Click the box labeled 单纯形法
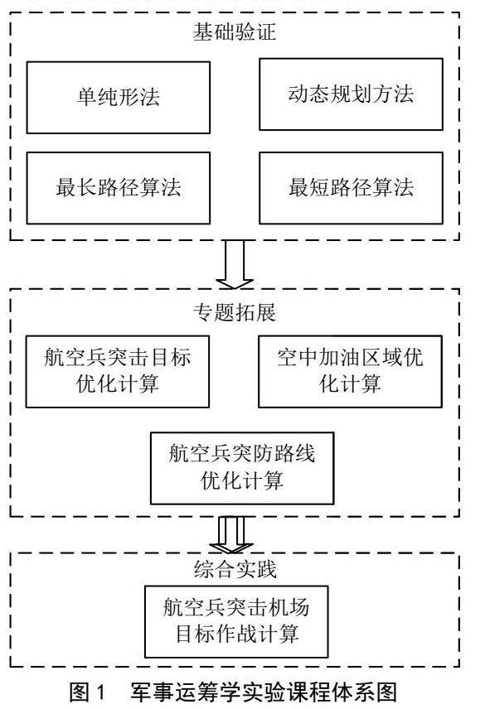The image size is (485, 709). click(119, 98)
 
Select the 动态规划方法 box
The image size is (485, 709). click(351, 94)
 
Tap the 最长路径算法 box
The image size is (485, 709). click(119, 188)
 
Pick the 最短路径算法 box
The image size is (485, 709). click(351, 188)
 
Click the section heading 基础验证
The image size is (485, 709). click(235, 32)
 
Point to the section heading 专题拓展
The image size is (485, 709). click(235, 312)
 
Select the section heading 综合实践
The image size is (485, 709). click(235, 569)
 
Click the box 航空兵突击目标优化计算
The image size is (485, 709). click(118, 372)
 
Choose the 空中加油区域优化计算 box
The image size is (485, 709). click(350, 372)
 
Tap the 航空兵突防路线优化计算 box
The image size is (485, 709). click(242, 468)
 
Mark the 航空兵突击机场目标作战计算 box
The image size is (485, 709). click(236, 622)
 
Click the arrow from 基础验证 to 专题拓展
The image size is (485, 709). click(235, 264)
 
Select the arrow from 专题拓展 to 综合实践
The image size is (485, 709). click(231, 535)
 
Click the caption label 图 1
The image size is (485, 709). click(87, 692)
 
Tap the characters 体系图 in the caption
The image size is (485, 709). click(366, 692)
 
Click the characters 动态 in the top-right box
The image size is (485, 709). click(308, 94)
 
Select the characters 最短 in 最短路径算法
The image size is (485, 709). click(309, 188)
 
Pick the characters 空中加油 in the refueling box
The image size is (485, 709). click(318, 357)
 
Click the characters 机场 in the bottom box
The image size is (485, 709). click(289, 607)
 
